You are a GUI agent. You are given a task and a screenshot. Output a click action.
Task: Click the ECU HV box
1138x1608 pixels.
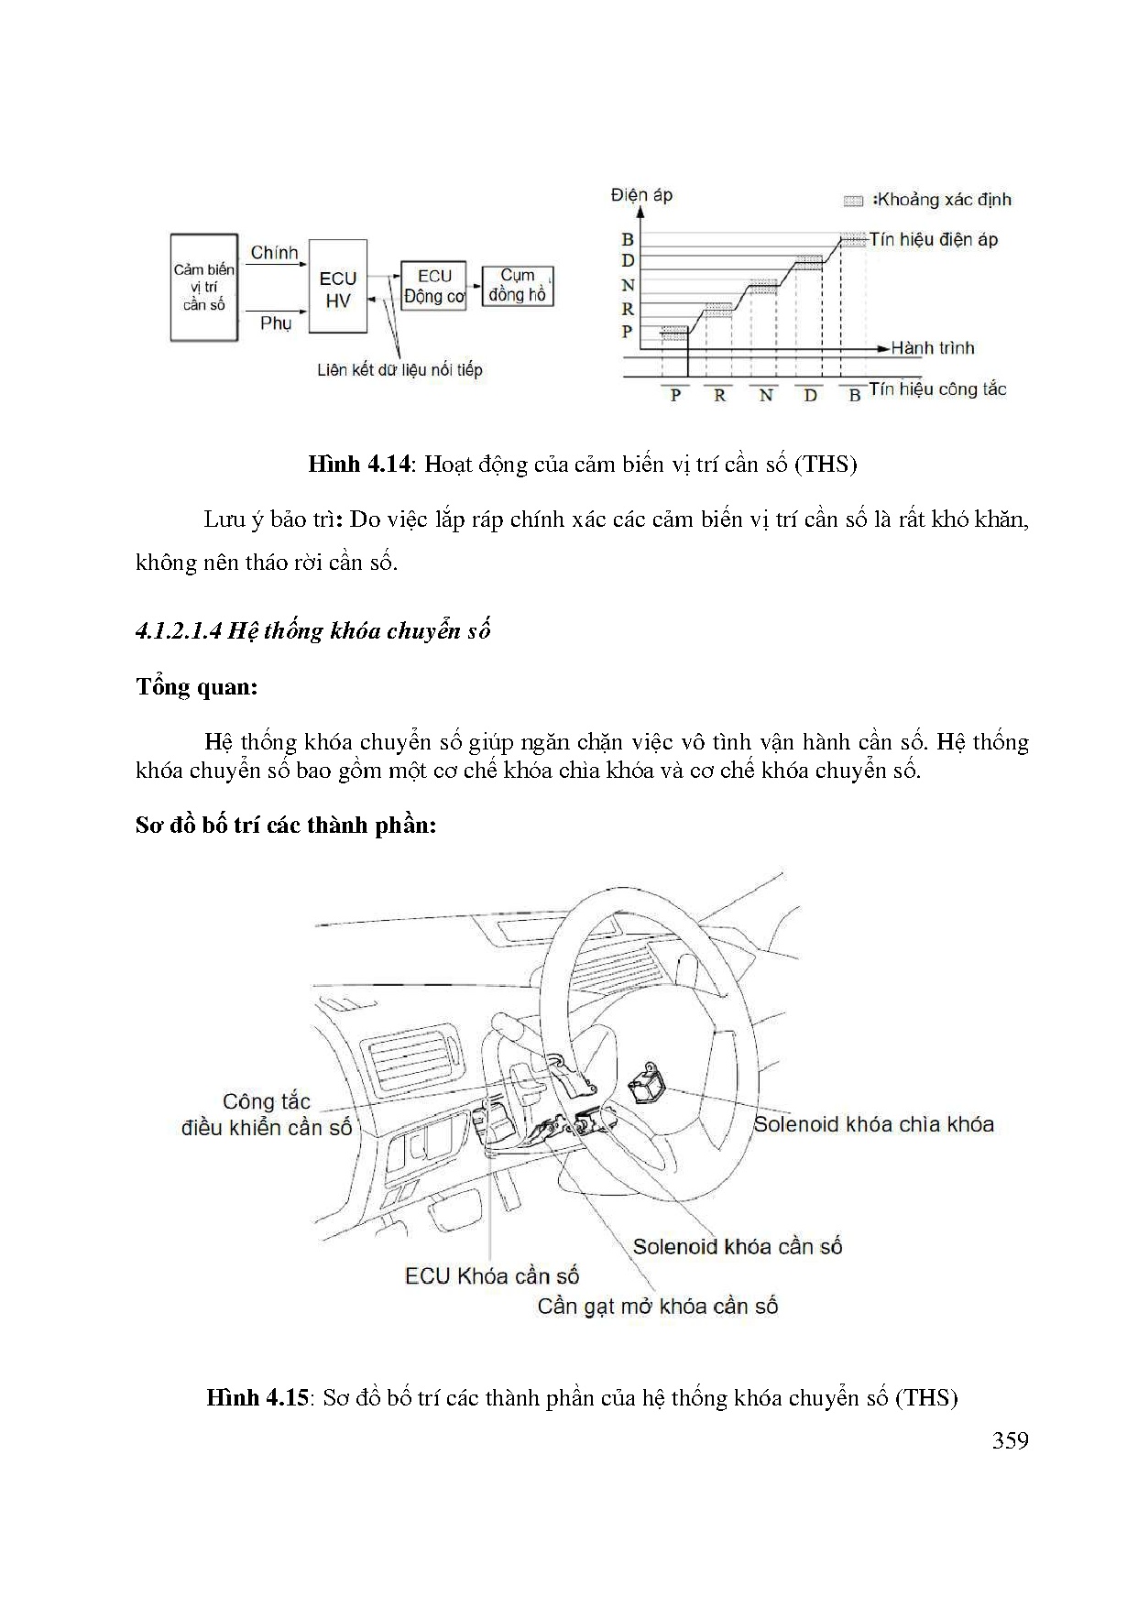pos(338,288)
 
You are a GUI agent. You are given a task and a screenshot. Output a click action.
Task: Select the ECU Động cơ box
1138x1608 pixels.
pos(434,286)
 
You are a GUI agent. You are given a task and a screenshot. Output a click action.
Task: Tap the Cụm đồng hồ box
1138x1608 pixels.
pos(518,286)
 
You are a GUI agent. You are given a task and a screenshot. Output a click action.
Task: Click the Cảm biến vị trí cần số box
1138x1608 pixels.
pos(203,288)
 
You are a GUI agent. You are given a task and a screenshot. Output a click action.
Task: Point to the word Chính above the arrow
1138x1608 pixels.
pos(274,253)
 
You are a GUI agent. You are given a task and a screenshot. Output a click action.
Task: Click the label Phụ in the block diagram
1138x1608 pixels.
pos(275,323)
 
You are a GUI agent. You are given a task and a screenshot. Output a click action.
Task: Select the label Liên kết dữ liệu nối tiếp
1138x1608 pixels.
pos(399,370)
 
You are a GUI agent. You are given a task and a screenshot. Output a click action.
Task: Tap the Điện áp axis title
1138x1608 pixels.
pos(641,194)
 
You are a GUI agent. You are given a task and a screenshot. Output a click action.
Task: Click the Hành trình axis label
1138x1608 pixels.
pos(933,348)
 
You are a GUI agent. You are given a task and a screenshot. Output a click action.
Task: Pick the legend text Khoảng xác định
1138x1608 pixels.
pos(944,200)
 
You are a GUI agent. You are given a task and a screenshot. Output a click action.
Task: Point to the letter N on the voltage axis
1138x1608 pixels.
pos(628,286)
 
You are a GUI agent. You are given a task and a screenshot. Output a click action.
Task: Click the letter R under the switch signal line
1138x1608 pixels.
pos(719,396)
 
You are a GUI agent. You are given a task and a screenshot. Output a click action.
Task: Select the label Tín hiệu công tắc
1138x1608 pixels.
pos(937,389)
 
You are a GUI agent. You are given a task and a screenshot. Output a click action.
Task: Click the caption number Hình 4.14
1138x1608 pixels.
pos(357,465)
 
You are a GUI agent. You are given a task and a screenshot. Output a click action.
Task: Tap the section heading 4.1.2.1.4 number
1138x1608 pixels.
pos(178,631)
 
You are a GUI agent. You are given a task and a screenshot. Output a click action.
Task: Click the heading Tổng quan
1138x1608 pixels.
pos(196,687)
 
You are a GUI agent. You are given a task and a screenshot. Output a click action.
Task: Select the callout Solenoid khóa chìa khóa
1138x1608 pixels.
pos(873,1124)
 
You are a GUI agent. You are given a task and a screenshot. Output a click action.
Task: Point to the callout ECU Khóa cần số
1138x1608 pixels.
pos(492,1276)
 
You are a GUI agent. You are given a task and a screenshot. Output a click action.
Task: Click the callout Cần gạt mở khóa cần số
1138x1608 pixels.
pos(657,1307)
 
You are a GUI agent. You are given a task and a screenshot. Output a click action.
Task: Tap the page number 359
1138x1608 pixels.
pos(1010,1441)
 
